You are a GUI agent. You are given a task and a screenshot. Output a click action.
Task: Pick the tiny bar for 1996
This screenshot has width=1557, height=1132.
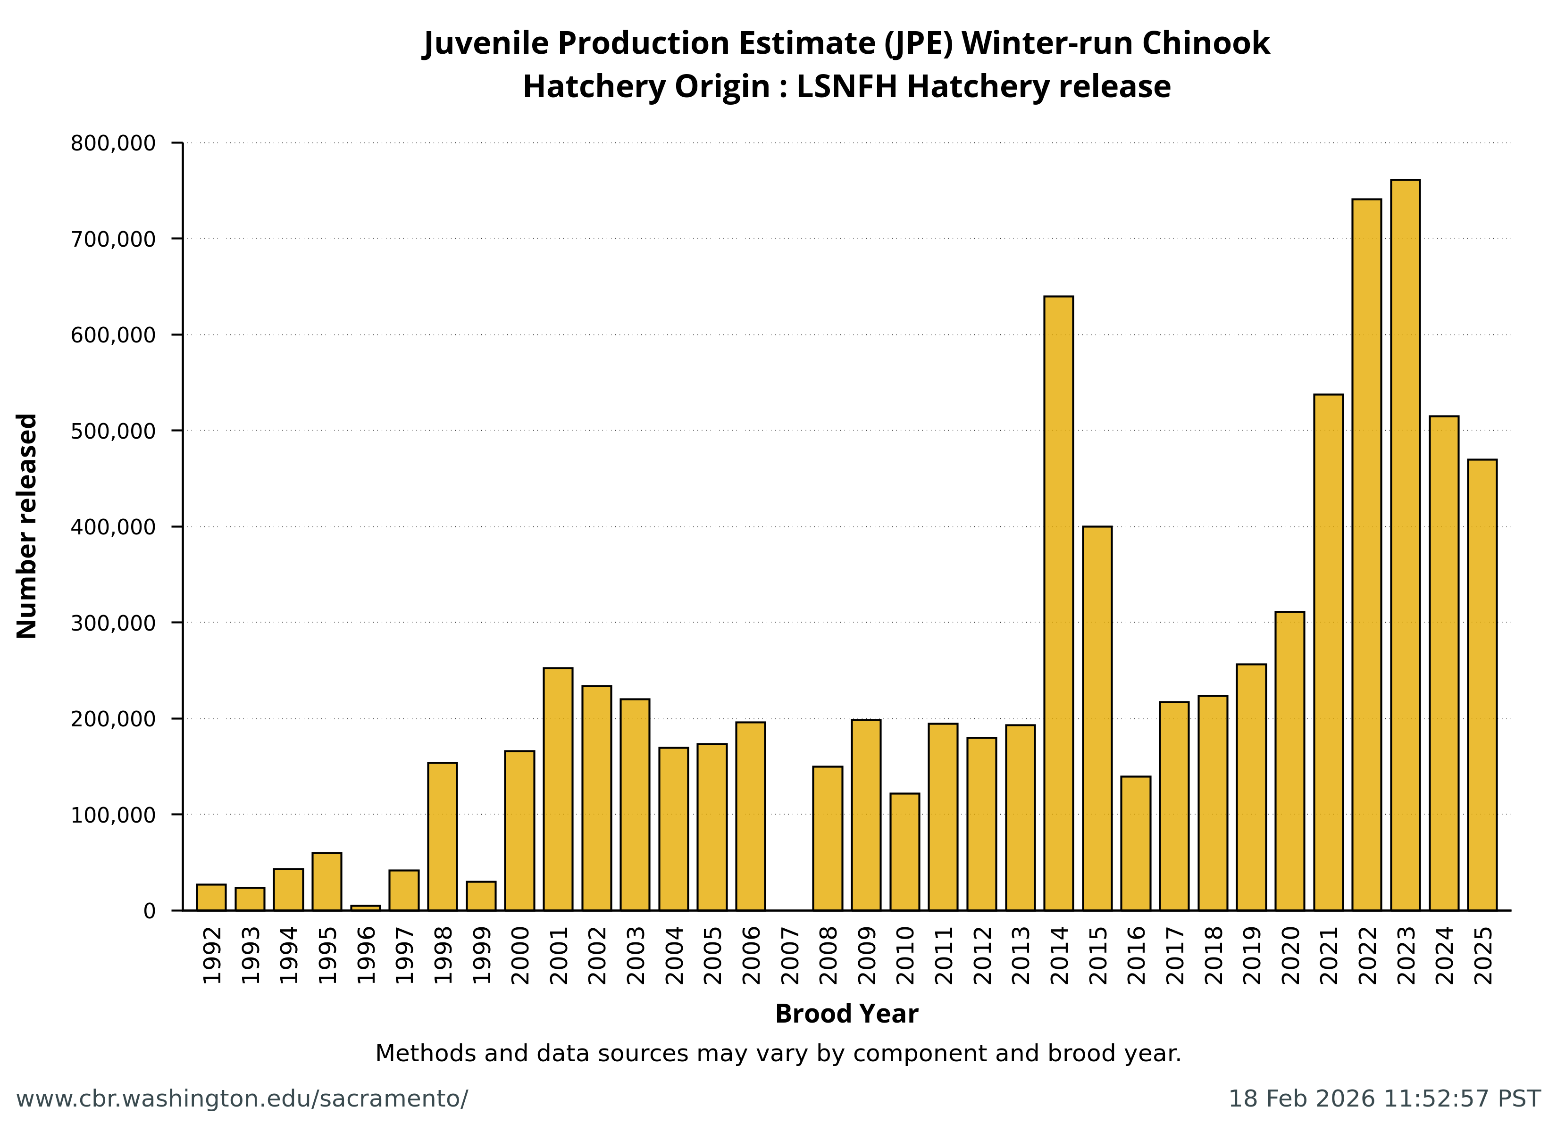[365, 907]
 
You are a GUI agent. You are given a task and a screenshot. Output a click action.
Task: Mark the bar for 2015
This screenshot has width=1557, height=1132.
[1097, 718]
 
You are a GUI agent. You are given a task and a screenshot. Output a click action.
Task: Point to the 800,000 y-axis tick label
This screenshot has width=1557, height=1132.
[113, 143]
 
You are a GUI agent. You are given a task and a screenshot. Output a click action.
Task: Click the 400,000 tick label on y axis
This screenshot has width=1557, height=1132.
[113, 527]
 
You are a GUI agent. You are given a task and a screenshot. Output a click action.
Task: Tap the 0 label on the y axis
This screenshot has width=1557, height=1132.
[150, 911]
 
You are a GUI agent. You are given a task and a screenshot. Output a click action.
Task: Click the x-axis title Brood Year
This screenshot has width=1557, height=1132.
[846, 1014]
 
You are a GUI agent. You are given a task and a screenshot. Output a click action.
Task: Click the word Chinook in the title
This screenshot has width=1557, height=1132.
[1205, 43]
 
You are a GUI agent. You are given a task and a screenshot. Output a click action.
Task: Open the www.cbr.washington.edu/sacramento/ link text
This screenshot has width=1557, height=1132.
[242, 1099]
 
